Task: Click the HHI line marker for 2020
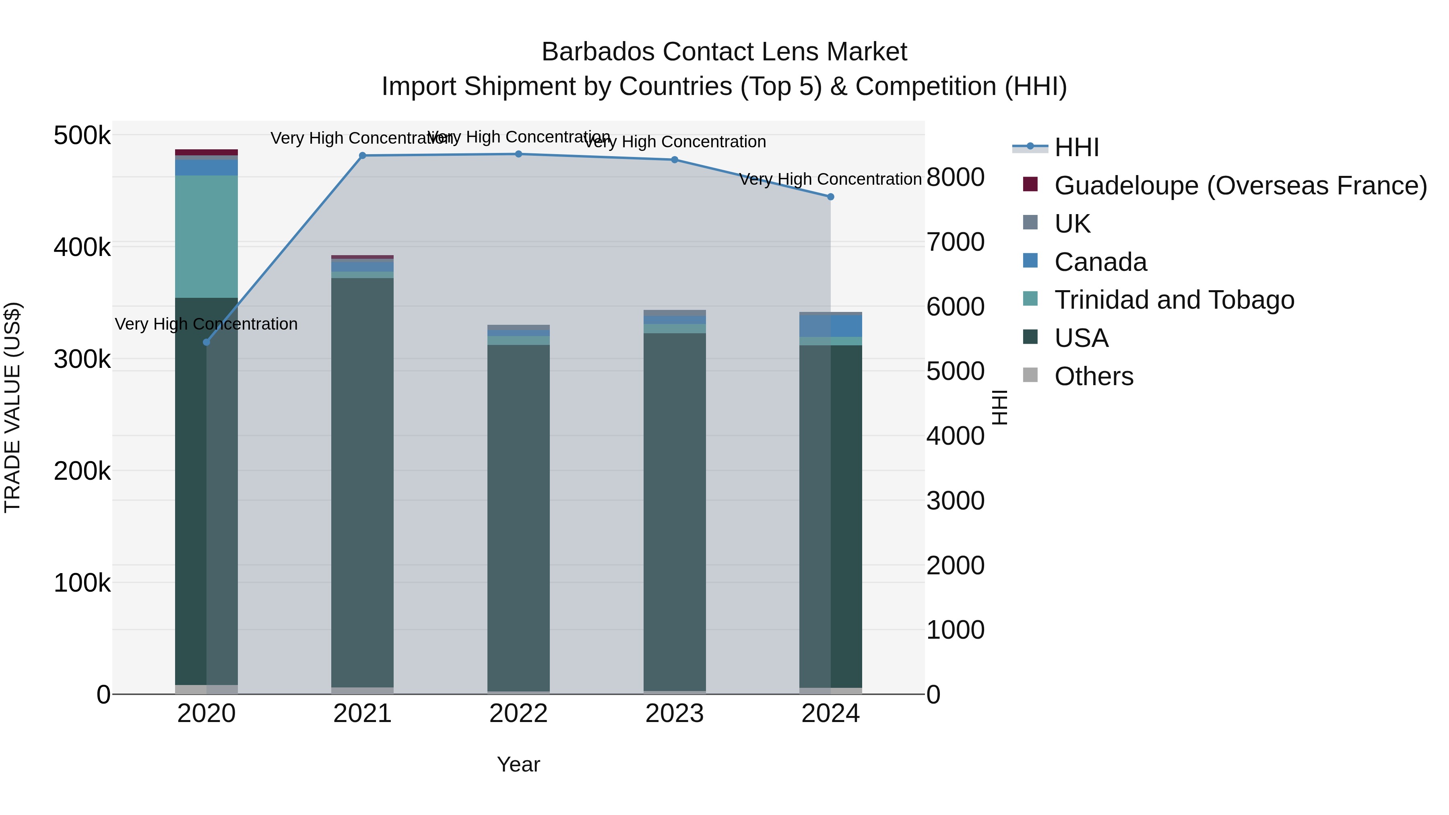click(206, 342)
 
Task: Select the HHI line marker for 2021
click(362, 156)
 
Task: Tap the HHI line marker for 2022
click(519, 154)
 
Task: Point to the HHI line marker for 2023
click(675, 160)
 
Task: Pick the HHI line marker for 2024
click(830, 197)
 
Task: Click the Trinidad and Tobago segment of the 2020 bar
click(206, 236)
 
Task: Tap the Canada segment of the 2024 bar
click(831, 326)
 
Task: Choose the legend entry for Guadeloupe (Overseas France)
click(1241, 186)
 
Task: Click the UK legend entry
click(1072, 224)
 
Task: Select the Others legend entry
click(1094, 376)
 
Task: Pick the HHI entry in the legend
click(1076, 147)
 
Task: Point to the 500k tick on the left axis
click(82, 136)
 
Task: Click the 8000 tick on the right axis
click(955, 177)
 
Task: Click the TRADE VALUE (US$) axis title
click(12, 407)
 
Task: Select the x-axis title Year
click(518, 764)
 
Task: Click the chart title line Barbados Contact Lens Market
click(724, 52)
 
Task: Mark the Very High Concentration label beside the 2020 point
click(206, 324)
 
